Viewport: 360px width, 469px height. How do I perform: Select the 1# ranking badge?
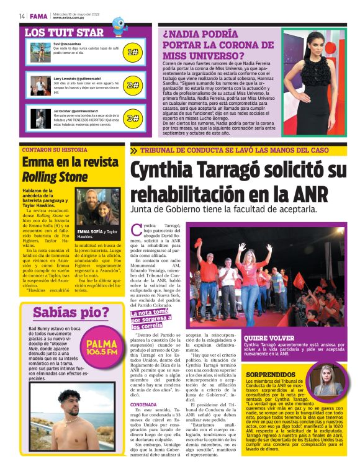(132, 53)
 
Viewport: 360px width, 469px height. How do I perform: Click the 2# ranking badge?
(132, 85)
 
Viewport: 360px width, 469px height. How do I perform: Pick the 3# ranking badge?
(132, 117)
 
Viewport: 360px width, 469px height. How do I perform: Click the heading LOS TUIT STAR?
(64, 32)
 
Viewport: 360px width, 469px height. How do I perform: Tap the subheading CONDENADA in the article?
(143, 404)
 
